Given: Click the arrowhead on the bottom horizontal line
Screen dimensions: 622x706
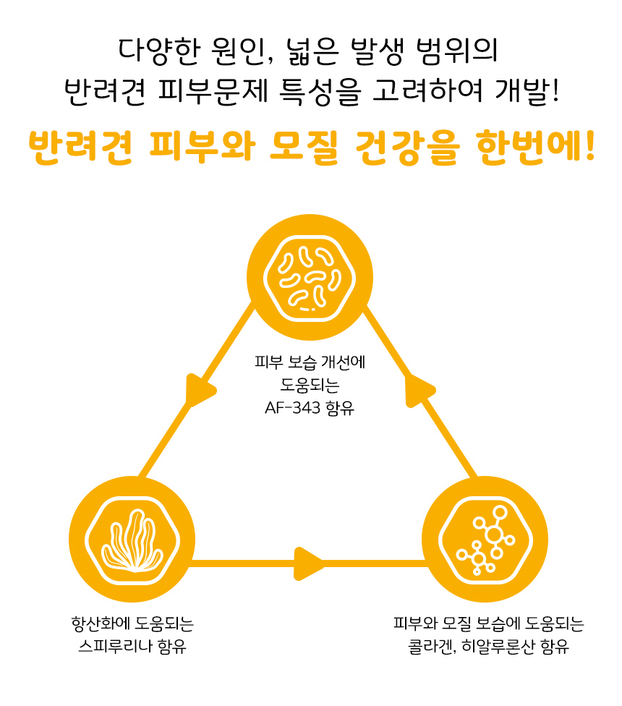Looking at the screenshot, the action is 310,562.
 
